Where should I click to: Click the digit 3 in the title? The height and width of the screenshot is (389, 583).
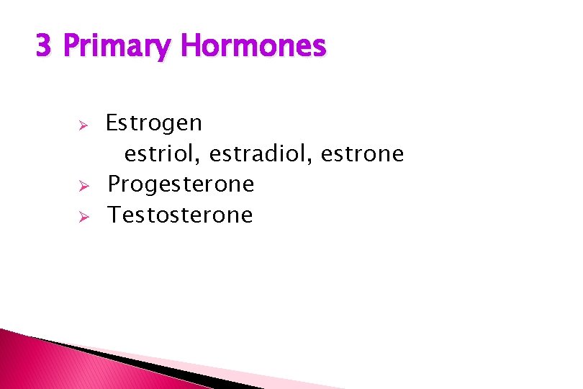pyautogui.click(x=43, y=47)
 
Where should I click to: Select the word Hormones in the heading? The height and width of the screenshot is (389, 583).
pyautogui.click(x=253, y=47)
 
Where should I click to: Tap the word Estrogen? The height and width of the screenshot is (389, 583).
pyautogui.click(x=154, y=124)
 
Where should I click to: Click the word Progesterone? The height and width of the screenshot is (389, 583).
pyautogui.click(x=181, y=185)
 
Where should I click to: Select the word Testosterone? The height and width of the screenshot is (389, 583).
pyautogui.click(x=180, y=215)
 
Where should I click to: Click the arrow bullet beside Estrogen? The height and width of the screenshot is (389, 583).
pyautogui.click(x=83, y=125)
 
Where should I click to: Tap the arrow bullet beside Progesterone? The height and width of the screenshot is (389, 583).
pyautogui.click(x=83, y=187)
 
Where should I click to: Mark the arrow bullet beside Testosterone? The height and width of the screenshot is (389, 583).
pyautogui.click(x=83, y=216)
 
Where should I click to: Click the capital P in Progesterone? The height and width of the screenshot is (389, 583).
pyautogui.click(x=114, y=185)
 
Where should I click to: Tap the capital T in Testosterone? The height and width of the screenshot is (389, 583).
pyautogui.click(x=114, y=215)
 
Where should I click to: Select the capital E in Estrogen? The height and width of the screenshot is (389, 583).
pyautogui.click(x=112, y=124)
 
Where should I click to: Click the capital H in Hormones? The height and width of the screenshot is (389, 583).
pyautogui.click(x=191, y=47)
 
